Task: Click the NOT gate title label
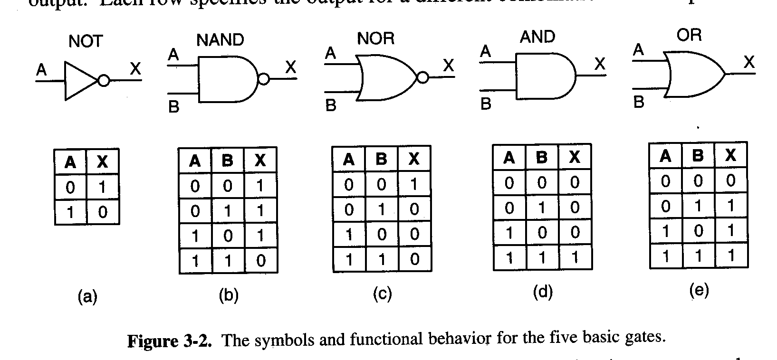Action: pyautogui.click(x=86, y=41)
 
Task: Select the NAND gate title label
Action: pyautogui.click(x=220, y=40)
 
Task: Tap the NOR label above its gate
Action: pyautogui.click(x=375, y=38)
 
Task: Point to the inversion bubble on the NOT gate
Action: pyautogui.click(x=103, y=81)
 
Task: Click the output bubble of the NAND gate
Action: pyautogui.click(x=263, y=79)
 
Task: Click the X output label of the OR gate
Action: pyautogui.click(x=749, y=62)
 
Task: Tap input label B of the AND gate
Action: pyautogui.click(x=486, y=104)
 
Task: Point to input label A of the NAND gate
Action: pyautogui.click(x=173, y=56)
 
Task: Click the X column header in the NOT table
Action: pyautogui.click(x=102, y=162)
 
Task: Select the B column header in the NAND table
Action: pyautogui.click(x=228, y=161)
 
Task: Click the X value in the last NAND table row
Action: pyautogui.click(x=260, y=261)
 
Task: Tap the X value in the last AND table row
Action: pyautogui.click(x=575, y=258)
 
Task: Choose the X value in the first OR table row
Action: pyautogui.click(x=731, y=180)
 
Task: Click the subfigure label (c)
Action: pyautogui.click(x=382, y=294)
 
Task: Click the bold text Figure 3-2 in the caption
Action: pyautogui.click(x=169, y=341)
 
